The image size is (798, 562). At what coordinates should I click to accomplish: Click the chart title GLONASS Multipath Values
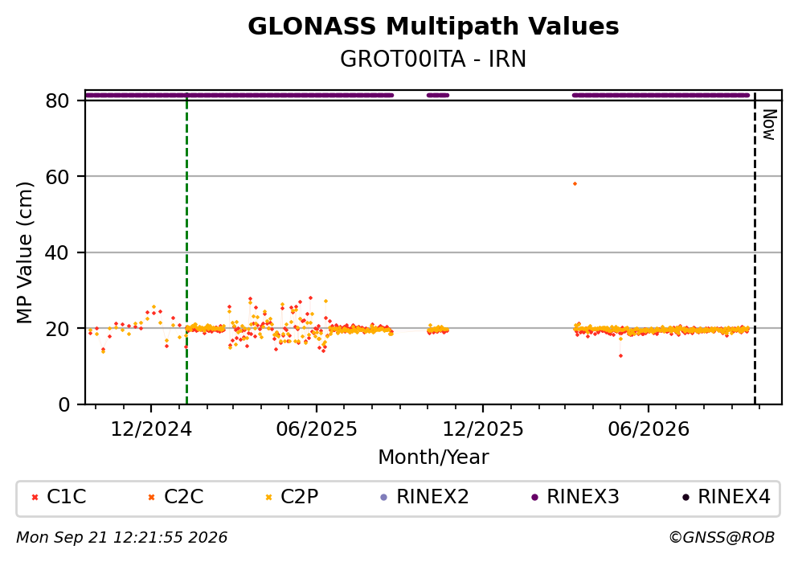click(433, 27)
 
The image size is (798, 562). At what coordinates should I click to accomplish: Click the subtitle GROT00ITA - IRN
click(433, 59)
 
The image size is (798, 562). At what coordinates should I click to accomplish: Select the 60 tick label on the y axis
click(58, 177)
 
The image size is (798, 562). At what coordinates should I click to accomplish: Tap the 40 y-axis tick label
click(58, 252)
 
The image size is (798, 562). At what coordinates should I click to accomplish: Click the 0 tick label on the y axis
click(64, 404)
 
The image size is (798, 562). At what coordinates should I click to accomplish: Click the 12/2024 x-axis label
click(151, 429)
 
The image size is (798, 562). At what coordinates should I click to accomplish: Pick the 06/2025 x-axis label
click(317, 429)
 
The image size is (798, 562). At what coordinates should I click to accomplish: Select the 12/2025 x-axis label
click(482, 429)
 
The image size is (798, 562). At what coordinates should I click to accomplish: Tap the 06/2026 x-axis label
click(649, 429)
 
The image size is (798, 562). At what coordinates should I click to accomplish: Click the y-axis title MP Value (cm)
click(24, 252)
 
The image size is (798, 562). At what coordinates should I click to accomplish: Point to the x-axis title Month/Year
click(433, 457)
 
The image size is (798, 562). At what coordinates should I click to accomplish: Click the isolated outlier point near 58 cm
click(575, 184)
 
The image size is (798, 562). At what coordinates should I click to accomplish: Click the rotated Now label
click(769, 125)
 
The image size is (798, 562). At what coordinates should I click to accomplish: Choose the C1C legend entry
click(59, 496)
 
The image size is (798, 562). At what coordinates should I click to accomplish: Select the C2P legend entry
click(292, 496)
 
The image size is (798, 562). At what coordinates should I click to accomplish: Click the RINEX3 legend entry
click(575, 496)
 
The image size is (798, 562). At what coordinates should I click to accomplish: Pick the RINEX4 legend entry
click(726, 496)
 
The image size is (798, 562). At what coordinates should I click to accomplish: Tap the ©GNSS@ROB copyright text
click(722, 538)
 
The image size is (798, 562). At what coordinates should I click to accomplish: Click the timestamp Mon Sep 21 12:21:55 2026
click(122, 538)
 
